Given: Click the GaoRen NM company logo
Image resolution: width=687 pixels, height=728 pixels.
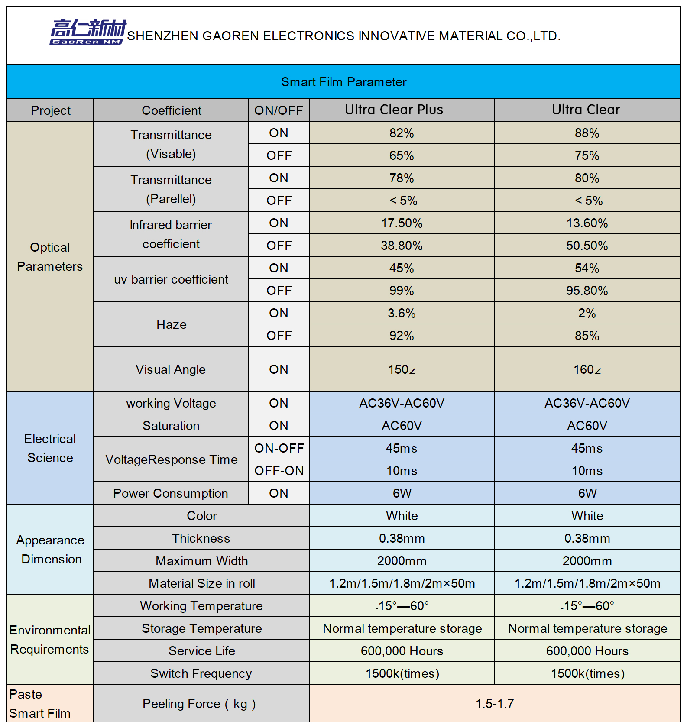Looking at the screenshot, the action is coord(88,32).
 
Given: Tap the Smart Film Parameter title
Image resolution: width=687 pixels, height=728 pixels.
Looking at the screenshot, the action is coord(343,82).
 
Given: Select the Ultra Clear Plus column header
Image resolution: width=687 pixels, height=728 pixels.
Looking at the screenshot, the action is coord(394,110).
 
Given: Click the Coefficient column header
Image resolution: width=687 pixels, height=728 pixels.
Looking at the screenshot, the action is coord(172,110).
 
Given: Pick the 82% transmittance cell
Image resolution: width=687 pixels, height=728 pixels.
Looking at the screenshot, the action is coord(402,133).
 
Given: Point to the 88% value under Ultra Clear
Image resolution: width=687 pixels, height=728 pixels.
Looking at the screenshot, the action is coord(587,133).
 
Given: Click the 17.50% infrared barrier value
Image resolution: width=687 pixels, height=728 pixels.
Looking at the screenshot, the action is coord(402,223).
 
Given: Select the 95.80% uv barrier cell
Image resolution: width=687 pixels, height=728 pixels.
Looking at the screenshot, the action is coord(587,291).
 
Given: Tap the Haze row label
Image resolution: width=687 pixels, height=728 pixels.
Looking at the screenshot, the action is coord(172,324).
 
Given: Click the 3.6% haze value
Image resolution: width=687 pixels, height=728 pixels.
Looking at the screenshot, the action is coord(402,313).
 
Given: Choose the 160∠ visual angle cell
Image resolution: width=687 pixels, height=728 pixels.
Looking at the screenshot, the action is coord(587,369).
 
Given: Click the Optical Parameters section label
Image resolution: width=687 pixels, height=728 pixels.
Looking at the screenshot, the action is coord(50,257).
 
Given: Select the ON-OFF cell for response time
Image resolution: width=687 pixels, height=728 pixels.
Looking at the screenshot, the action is coord(279,448).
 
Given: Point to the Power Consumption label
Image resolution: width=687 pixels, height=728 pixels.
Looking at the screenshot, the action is coord(171,493).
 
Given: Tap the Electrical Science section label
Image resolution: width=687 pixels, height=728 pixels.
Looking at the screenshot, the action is coord(50,448).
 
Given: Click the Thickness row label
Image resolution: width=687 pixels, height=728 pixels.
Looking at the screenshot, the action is coord(201,538).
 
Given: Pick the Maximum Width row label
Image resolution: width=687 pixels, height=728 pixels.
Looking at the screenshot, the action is coord(202,561).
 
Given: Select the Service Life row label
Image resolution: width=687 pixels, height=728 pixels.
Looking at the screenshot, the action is coord(202,651).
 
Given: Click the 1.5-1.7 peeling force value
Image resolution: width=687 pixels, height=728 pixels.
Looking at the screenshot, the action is coord(495,704).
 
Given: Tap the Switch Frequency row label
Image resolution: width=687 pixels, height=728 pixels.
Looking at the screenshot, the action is coord(201,673).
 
